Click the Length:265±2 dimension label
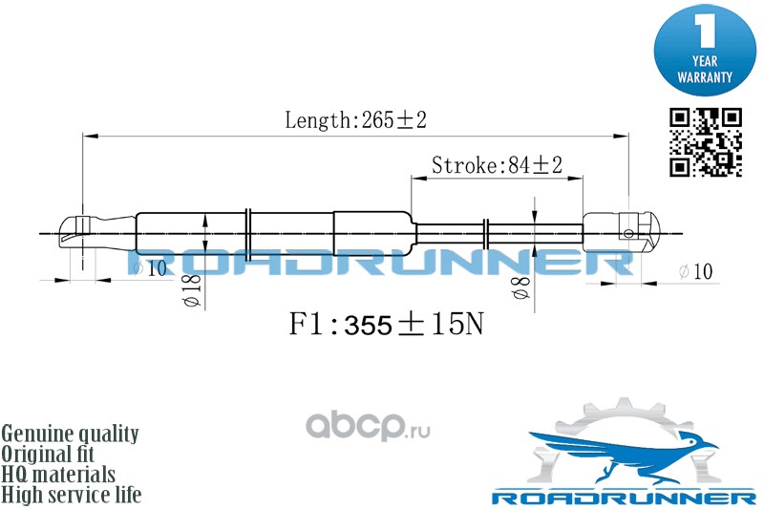(x=355, y=119)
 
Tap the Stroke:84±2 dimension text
(x=497, y=165)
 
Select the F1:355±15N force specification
(x=387, y=324)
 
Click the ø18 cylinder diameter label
(x=193, y=289)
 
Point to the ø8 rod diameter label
(x=521, y=287)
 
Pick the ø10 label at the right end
(x=696, y=271)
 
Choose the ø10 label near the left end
(x=150, y=268)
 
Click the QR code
(x=706, y=142)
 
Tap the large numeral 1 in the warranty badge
(x=705, y=31)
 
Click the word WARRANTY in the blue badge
(x=705, y=77)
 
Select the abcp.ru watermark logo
(x=368, y=426)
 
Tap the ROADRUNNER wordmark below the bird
(x=624, y=498)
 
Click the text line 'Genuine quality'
(x=70, y=434)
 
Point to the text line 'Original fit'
(x=48, y=454)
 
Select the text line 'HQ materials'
(x=58, y=475)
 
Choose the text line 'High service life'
(x=71, y=495)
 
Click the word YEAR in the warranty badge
(x=705, y=61)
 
